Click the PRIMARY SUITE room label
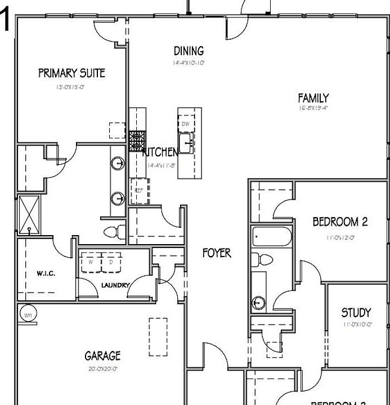[x=71, y=73]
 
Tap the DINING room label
[x=189, y=51]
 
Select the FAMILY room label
[x=313, y=98]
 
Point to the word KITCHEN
[x=161, y=152]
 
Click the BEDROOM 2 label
[x=340, y=222]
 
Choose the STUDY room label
[x=356, y=313]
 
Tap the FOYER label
[x=217, y=253]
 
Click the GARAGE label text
[x=102, y=356]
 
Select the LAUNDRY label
[x=115, y=285]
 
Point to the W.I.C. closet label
[x=46, y=274]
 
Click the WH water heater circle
[x=28, y=315]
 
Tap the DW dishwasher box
[x=186, y=124]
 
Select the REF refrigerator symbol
[x=139, y=190]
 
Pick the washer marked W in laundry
[x=91, y=262]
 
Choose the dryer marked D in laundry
[x=111, y=262]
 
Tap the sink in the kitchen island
[x=186, y=141]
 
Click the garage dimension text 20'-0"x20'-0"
[x=102, y=369]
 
